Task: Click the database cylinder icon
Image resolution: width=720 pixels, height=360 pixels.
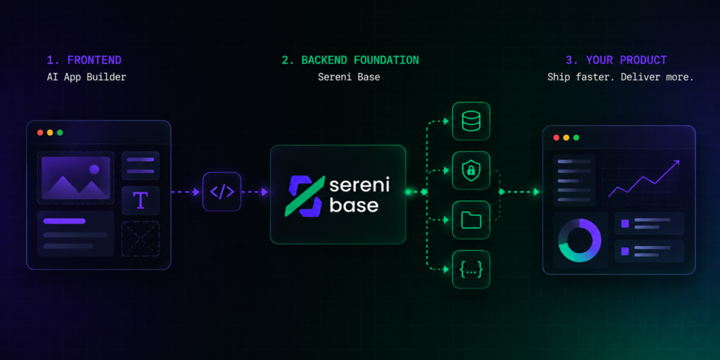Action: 471,121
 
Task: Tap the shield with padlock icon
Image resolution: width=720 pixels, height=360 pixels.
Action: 471,170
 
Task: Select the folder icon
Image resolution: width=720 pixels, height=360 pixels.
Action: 471,220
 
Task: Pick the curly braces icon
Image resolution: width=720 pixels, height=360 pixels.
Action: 471,269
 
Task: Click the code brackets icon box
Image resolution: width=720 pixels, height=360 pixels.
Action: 221,191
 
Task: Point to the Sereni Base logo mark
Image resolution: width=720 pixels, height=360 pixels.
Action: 305,196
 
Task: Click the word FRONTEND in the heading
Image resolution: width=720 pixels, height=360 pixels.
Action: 94,60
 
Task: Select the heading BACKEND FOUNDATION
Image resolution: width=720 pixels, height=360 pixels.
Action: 350,60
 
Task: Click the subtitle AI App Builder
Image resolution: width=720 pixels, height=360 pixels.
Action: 86,77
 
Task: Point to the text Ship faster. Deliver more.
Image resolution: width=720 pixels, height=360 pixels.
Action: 620,77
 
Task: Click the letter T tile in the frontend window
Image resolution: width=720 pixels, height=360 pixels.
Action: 141,200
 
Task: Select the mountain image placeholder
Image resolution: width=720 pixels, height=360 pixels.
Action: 76,178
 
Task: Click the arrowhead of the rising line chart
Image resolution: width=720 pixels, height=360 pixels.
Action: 676,163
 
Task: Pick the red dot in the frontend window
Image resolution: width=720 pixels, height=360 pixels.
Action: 40,133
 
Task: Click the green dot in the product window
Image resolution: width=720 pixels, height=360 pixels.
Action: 577,138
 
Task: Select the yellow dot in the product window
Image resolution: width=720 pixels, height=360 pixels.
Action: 566,138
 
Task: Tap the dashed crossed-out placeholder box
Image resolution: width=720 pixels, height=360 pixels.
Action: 141,239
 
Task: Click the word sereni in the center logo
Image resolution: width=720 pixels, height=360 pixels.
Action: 359,185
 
